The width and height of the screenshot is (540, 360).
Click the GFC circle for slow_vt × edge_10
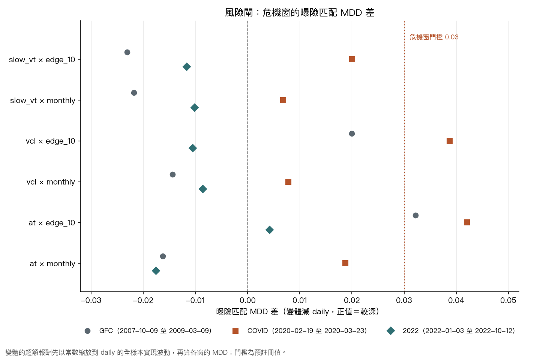click(127, 52)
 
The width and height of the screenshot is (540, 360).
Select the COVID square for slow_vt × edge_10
click(352, 59)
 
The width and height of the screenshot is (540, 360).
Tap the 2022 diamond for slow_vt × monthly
click(195, 108)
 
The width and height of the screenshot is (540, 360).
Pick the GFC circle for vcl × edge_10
click(352, 133)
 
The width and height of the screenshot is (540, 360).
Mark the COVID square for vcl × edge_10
click(449, 141)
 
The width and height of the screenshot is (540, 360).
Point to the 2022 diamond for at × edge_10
click(270, 230)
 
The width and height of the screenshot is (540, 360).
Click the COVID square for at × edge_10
click(467, 222)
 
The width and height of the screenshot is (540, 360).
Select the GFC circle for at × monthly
click(163, 256)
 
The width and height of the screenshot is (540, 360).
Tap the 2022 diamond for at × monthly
click(156, 270)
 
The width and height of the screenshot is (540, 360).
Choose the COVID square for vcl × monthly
click(288, 182)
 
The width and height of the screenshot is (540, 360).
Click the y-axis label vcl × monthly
click(51, 182)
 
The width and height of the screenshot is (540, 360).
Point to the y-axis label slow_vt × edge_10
click(42, 60)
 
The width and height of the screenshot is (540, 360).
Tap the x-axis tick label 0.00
click(247, 300)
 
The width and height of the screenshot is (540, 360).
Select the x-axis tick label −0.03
click(91, 300)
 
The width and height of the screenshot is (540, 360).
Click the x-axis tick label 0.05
click(508, 300)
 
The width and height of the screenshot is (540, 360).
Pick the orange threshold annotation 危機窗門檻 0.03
click(434, 37)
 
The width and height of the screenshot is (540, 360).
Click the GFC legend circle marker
click(87, 331)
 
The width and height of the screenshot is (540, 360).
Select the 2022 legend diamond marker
click(390, 331)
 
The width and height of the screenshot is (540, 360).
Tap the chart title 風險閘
click(239, 12)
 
